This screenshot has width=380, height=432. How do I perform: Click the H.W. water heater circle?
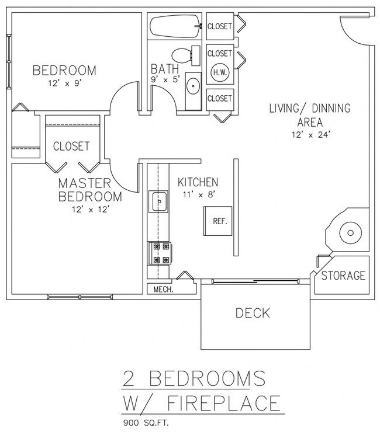click(x=220, y=72)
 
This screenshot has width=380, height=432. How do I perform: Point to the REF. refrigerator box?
click(x=219, y=222)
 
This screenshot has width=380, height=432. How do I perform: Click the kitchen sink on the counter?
click(x=159, y=203)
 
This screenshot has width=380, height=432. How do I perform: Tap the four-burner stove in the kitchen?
click(x=159, y=253)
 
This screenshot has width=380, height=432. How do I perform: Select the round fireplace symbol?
click(x=351, y=233)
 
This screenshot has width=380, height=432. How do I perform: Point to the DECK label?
click(x=253, y=313)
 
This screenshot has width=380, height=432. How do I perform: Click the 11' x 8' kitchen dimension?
click(x=198, y=194)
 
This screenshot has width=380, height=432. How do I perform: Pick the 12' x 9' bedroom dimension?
click(x=64, y=83)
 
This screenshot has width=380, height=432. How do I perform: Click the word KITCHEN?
click(x=198, y=182)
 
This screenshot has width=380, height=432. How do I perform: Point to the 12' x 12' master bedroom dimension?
click(x=89, y=208)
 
